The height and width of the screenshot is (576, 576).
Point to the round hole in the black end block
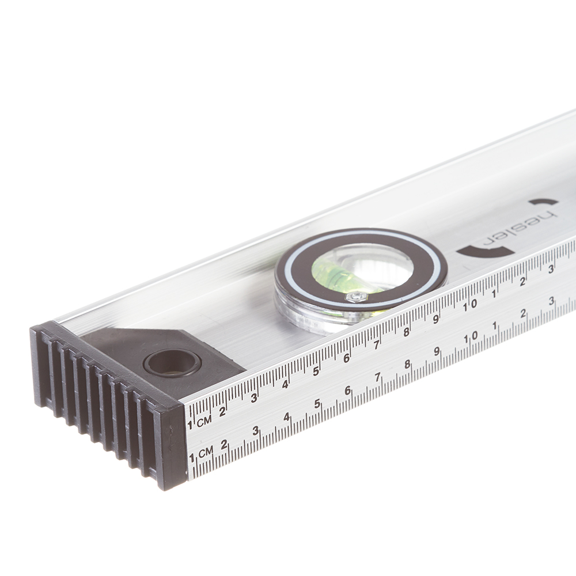click(172, 363)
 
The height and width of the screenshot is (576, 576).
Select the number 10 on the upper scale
click(470, 305)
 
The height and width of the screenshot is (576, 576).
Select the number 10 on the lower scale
click(471, 337)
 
